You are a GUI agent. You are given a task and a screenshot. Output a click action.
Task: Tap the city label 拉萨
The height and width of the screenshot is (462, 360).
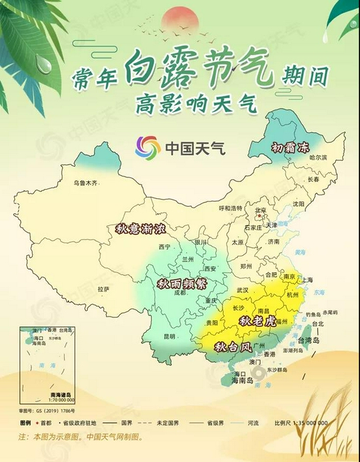(x=103, y=289)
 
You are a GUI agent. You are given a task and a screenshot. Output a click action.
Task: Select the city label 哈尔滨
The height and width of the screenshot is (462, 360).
(x=317, y=158)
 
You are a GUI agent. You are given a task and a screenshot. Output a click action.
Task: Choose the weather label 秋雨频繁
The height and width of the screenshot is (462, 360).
(x=183, y=284)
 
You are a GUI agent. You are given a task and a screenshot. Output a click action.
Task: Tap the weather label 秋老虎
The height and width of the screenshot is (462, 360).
(x=255, y=321)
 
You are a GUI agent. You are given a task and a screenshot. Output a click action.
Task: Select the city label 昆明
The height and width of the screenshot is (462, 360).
(x=169, y=336)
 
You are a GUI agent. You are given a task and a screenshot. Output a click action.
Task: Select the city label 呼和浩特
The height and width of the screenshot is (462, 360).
(x=230, y=208)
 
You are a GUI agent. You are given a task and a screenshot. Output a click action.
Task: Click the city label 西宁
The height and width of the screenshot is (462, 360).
(x=164, y=247)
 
